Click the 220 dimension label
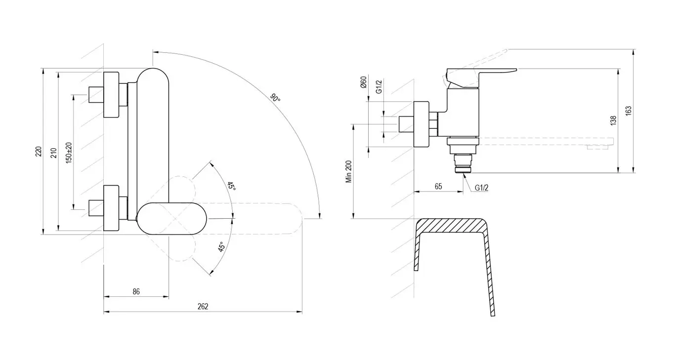pos(39,151)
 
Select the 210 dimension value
pos(54,153)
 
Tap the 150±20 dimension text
pos(69,153)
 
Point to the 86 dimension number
pos(136,291)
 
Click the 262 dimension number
pos(203,306)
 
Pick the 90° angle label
pos(275,98)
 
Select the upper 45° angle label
pos(231,186)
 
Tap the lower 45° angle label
pos(221,247)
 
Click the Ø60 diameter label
pos(363,82)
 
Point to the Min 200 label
pos(349,171)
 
